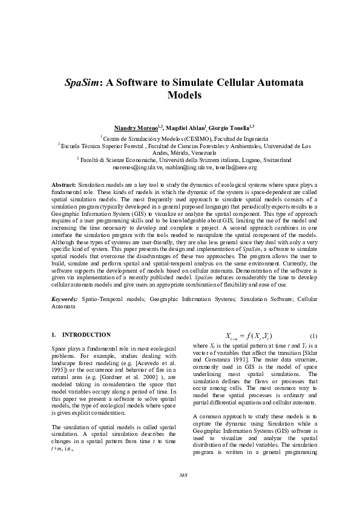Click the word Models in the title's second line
(183, 96)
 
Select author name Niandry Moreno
(136, 128)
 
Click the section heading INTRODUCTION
(87, 334)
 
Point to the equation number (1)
(313, 336)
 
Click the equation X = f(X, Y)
(248, 336)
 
